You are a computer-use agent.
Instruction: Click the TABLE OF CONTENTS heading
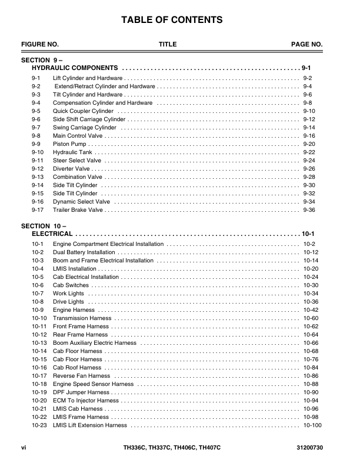coord(172,20)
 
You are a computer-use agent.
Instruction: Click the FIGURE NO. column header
coord(40,44)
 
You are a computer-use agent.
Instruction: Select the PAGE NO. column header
coord(307,44)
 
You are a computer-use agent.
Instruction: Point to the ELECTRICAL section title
coord(52,233)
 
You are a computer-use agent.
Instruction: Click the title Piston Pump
coord(69,144)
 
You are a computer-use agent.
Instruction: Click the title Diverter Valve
coord(71,168)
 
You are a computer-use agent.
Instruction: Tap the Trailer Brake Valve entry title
coord(78,209)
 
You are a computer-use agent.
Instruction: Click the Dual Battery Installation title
coord(84,252)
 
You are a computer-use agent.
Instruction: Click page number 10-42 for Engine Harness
coord(311,309)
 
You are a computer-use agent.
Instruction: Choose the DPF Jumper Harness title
coord(81,392)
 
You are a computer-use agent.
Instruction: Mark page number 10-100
coord(312,425)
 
